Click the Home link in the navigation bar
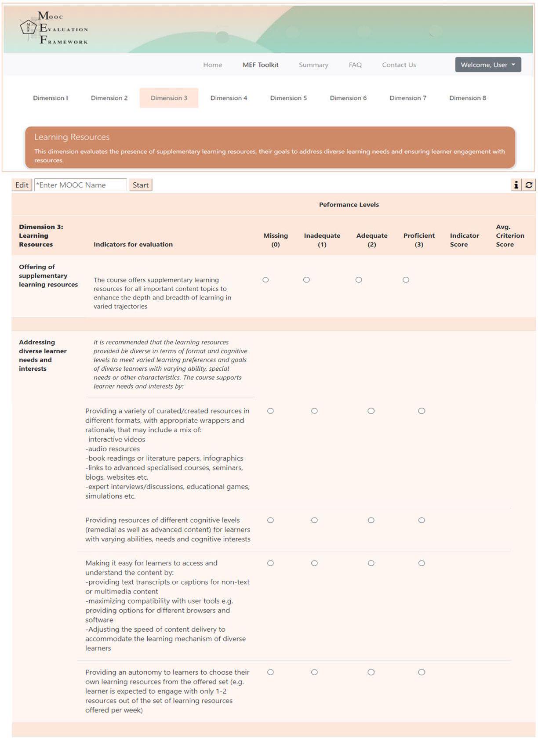click(x=212, y=65)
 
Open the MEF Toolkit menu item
click(x=260, y=65)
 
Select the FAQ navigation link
click(x=355, y=65)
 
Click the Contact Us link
click(x=399, y=65)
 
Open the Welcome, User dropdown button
click(x=488, y=65)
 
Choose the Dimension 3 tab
click(x=169, y=98)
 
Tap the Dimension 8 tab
click(x=467, y=98)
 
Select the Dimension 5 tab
click(x=288, y=98)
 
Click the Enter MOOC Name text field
click(x=80, y=185)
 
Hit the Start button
click(x=140, y=185)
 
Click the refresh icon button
click(x=529, y=185)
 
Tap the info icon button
click(x=516, y=185)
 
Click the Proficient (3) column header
click(x=419, y=240)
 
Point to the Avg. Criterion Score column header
click(x=510, y=235)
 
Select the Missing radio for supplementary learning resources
click(x=265, y=280)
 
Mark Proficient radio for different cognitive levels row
click(x=422, y=520)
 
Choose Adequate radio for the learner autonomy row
click(x=371, y=672)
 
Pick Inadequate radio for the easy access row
click(x=314, y=563)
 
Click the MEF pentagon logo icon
click(x=29, y=27)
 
